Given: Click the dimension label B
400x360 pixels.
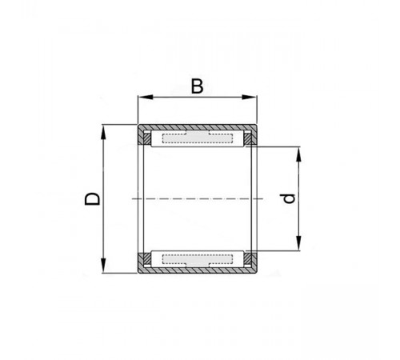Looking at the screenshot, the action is pyautogui.click(x=198, y=86).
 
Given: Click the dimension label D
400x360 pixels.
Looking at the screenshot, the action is pyautogui.click(x=92, y=199).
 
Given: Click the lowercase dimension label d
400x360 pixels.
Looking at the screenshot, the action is pyautogui.click(x=289, y=198).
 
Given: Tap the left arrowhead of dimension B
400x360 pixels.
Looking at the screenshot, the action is pyautogui.click(x=146, y=97).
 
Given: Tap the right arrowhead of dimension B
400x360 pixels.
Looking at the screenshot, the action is pyautogui.click(x=249, y=97).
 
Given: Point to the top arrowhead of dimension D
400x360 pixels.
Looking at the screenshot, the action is pyautogui.click(x=103, y=132).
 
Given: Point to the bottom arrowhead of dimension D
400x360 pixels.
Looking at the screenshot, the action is pyautogui.click(x=103, y=266).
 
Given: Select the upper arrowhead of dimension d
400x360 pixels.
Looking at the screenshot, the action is pyautogui.click(x=299, y=154).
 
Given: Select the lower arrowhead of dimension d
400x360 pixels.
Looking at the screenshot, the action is pyautogui.click(x=299, y=243).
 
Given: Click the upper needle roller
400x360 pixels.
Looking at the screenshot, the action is pyautogui.click(x=198, y=138).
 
